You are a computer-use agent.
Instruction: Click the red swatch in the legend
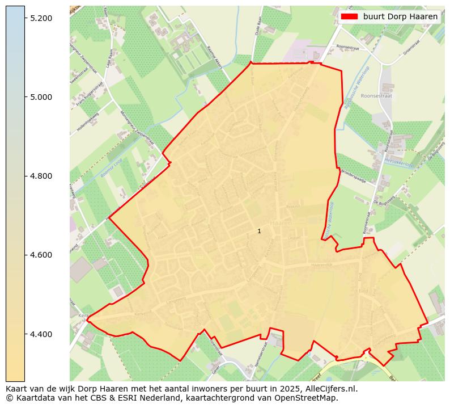[349, 16]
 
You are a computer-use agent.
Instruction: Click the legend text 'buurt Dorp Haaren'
[400, 16]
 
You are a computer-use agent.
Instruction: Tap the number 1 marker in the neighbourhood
[259, 231]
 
